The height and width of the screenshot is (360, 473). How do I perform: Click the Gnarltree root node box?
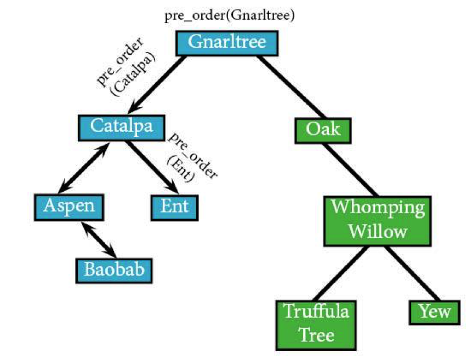click(227, 43)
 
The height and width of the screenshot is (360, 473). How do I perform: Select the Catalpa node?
click(121, 128)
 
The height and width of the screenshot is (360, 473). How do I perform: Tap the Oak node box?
click(323, 130)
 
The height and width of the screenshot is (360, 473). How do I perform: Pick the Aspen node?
click(69, 208)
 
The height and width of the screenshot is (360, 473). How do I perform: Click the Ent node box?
click(175, 208)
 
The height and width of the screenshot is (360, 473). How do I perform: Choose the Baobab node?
click(114, 271)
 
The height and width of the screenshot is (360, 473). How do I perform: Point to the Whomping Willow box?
click(378, 221)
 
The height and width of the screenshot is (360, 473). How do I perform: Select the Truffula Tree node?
click(316, 325)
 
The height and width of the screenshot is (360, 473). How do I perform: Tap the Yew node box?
click(435, 312)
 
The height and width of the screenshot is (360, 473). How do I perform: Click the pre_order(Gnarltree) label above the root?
click(229, 16)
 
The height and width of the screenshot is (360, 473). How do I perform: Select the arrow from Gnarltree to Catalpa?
click(156, 84)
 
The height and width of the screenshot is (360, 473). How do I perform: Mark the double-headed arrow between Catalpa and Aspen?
click(83, 168)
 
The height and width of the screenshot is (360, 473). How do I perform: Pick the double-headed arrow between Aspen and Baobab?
click(99, 240)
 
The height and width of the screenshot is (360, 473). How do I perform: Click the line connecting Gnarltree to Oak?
click(292, 87)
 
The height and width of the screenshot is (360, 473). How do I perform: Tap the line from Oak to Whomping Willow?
click(350, 170)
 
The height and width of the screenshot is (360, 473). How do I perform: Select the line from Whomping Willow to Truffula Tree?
click(341, 273)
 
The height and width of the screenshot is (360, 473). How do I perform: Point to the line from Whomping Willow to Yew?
click(413, 273)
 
